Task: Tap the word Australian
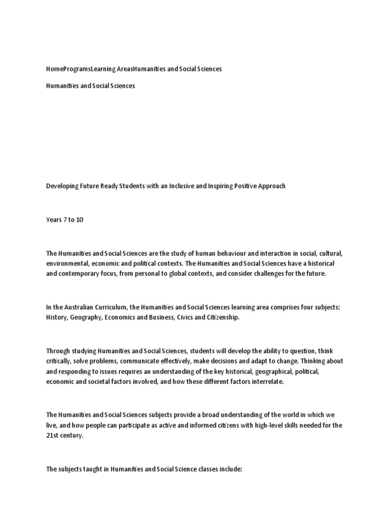click(x=81, y=307)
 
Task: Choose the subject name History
click(x=56, y=318)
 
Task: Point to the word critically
click(x=59, y=361)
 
